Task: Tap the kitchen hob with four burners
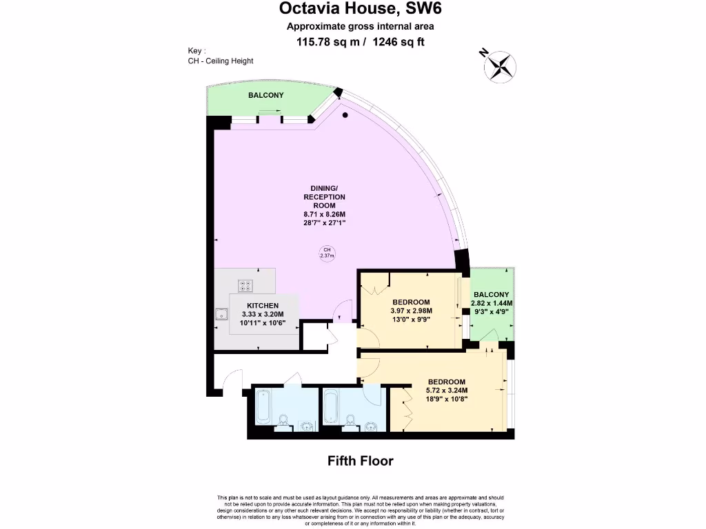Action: tap(245, 286)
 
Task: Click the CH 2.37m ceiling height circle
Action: tap(327, 253)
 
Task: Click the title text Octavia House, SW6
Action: tap(360, 10)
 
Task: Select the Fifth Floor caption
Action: tap(360, 461)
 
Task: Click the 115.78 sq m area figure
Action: tap(326, 42)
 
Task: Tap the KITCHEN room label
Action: tap(263, 306)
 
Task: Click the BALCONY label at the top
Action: tap(265, 95)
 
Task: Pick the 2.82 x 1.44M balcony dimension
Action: tap(492, 303)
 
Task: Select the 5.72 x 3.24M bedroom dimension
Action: tap(447, 391)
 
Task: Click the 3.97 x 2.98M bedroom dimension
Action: tap(411, 311)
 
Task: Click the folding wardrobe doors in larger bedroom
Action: tap(405, 412)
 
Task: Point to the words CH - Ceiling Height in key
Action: tap(221, 61)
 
